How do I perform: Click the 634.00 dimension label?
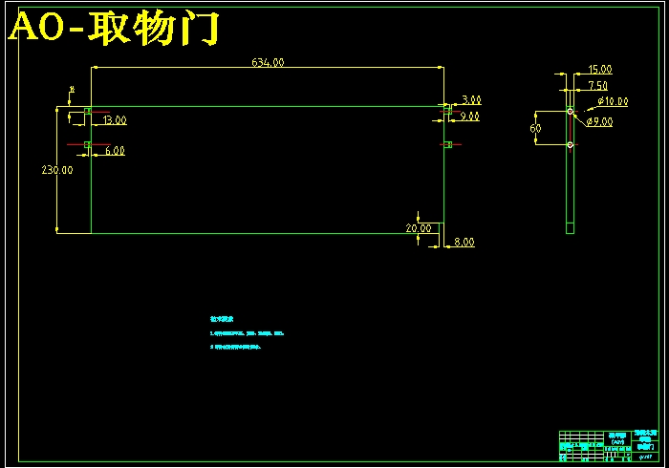(x=269, y=62)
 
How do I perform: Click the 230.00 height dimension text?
(x=56, y=169)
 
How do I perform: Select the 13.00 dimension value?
(x=115, y=120)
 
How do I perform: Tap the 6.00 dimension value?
(x=115, y=151)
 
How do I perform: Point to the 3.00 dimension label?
(x=471, y=99)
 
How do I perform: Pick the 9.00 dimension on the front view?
(x=469, y=117)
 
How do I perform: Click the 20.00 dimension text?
(x=418, y=228)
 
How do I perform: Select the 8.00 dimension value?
(x=464, y=243)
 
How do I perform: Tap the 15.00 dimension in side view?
(x=600, y=70)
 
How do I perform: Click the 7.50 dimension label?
(x=598, y=85)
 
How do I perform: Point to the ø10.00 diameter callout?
(x=613, y=100)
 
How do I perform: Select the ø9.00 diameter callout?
(x=600, y=122)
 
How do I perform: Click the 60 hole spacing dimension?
(x=535, y=128)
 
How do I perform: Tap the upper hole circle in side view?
(x=570, y=112)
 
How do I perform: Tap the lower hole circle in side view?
(x=570, y=145)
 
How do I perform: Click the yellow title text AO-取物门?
(x=115, y=30)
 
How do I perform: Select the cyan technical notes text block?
(x=247, y=333)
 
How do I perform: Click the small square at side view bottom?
(x=570, y=228)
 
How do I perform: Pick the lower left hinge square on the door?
(x=87, y=145)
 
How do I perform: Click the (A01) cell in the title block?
(x=618, y=440)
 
